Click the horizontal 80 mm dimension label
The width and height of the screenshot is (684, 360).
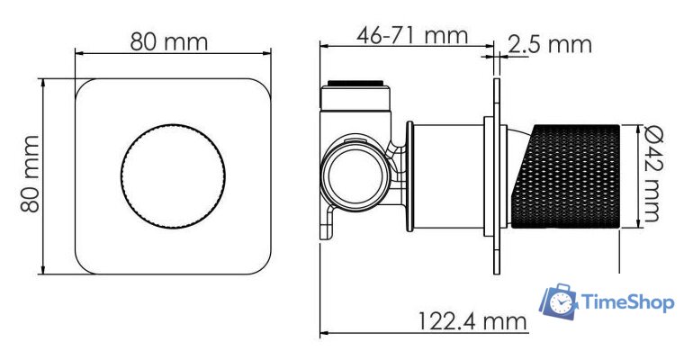(169, 41)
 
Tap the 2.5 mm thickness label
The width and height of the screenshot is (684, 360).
(550, 43)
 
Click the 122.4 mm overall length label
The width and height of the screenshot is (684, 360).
(471, 319)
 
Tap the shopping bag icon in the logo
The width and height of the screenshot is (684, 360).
(559, 302)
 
